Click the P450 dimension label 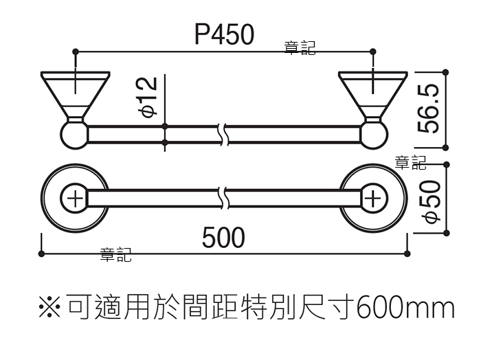pyautogui.click(x=225, y=34)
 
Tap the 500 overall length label pyautogui.click(x=223, y=237)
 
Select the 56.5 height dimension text pyautogui.click(x=428, y=109)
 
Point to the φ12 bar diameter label pyautogui.click(x=148, y=97)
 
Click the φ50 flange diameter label pyautogui.click(x=431, y=202)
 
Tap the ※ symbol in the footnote pyautogui.click(x=49, y=306)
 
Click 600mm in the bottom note pyautogui.click(x=405, y=307)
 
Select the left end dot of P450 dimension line pyautogui.click(x=76, y=52)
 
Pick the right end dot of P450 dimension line pyautogui.click(x=372, y=52)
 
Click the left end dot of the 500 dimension pyautogui.click(x=41, y=254)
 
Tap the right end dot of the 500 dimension pyautogui.click(x=407, y=254)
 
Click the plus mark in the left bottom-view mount pyautogui.click(x=75, y=199)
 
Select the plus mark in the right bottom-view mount pyautogui.click(x=373, y=199)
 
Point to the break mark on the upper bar pyautogui.click(x=224, y=134)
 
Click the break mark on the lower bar pyautogui.click(x=224, y=198)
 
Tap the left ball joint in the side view pyautogui.click(x=74, y=135)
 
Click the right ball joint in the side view pyautogui.click(x=374, y=135)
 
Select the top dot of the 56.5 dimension pyautogui.click(x=446, y=73)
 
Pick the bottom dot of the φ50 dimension pyautogui.click(x=447, y=233)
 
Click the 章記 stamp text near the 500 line pyautogui.click(x=116, y=255)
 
